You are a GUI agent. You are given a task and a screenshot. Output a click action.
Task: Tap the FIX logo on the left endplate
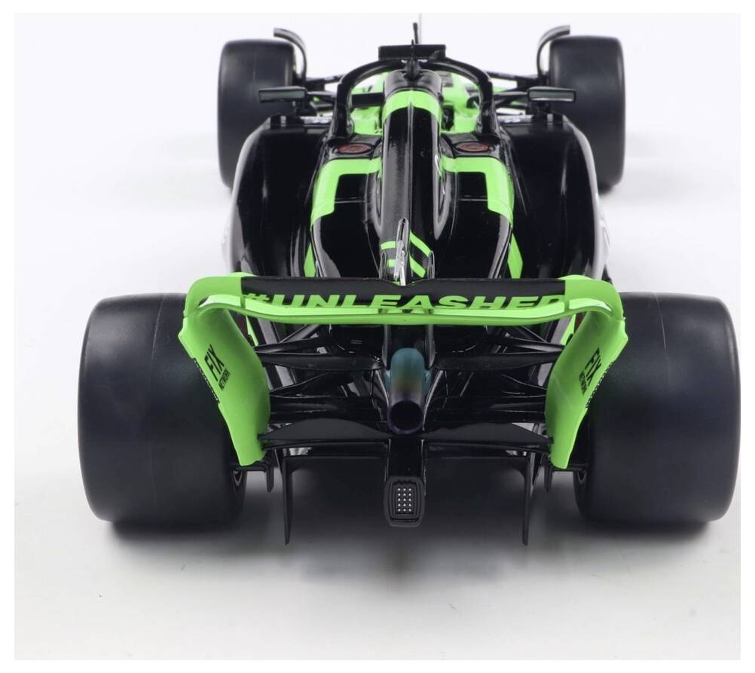click(215, 366)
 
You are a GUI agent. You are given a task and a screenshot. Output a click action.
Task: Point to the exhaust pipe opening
click(405, 415)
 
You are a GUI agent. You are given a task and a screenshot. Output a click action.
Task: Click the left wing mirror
click(282, 94)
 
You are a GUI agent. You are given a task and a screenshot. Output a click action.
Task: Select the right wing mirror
click(551, 94)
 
